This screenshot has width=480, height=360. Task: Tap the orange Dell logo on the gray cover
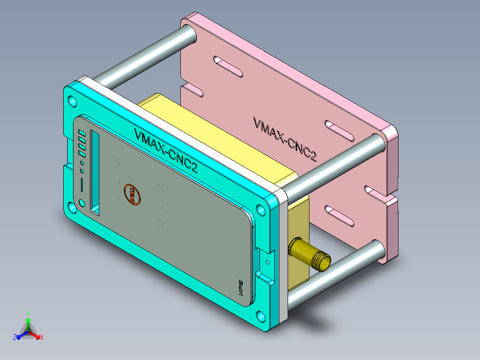[x=131, y=195]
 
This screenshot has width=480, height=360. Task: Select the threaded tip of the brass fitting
[x=323, y=261]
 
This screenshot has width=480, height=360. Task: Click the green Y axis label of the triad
[x=28, y=313]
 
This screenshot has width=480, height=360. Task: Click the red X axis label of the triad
[x=42, y=337]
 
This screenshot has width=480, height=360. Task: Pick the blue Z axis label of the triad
[x=15, y=337]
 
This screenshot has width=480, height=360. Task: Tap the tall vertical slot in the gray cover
[x=95, y=171]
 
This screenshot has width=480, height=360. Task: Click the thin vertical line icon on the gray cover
[x=82, y=184]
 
